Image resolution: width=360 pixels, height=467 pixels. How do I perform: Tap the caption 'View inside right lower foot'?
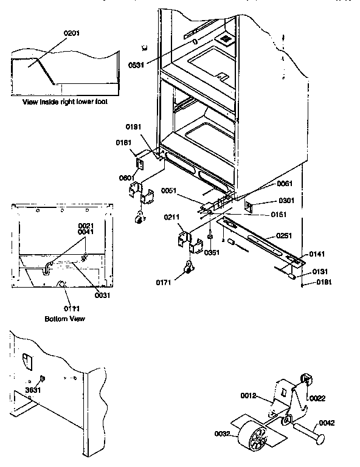pyautogui.click(x=65, y=102)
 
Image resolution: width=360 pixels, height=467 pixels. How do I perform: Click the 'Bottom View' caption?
pyautogui.click(x=65, y=319)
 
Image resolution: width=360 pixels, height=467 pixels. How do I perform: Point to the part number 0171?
pyautogui.click(x=164, y=283)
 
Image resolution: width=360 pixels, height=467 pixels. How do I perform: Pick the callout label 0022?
pyautogui.click(x=317, y=398)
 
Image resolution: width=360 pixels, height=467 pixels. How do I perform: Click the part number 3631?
pyautogui.click(x=33, y=390)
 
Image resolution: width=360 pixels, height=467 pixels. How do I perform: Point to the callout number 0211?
pyautogui.click(x=171, y=217)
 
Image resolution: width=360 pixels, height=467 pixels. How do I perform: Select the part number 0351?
pyautogui.click(x=212, y=252)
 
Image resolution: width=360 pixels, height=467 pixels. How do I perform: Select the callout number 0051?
pyautogui.click(x=169, y=191)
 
